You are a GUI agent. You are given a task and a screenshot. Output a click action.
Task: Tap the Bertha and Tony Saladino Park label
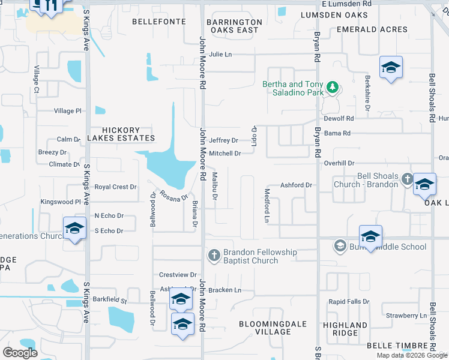[x=293, y=88]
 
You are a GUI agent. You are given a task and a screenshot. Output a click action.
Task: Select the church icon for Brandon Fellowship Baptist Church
[x=214, y=256]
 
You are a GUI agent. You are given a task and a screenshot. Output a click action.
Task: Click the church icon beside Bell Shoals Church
[x=407, y=179]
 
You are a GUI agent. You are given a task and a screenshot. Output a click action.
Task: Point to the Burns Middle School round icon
[x=340, y=246]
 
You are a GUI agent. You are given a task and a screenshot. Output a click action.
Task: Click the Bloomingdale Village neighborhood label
[x=273, y=328]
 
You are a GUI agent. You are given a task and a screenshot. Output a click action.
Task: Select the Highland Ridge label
[x=345, y=329]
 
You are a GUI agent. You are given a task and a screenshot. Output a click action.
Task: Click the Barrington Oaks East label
[x=234, y=26]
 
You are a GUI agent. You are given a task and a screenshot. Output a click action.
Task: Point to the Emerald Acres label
[x=372, y=29]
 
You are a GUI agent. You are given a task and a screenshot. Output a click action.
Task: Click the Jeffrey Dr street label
[x=223, y=140]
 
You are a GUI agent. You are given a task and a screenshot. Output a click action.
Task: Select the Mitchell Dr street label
[x=224, y=154]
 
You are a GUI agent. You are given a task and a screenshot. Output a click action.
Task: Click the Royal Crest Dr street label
[x=115, y=187]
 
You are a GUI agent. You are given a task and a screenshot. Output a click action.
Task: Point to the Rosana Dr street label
[x=174, y=197]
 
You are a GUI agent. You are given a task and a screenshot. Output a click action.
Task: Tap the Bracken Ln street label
[x=225, y=290]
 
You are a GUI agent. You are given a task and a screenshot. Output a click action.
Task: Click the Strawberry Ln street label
[x=406, y=315]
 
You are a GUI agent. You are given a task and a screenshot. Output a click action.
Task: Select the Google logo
[x=20, y=353]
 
